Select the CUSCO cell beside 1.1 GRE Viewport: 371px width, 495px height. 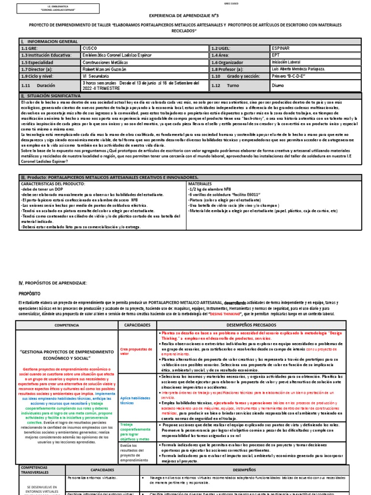click(90, 49)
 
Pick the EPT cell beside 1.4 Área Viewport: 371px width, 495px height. click(277, 56)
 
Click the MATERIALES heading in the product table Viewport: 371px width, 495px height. click(201, 184)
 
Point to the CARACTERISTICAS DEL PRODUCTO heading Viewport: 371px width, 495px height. click(53, 184)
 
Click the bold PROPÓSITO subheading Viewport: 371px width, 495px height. click(30, 293)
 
